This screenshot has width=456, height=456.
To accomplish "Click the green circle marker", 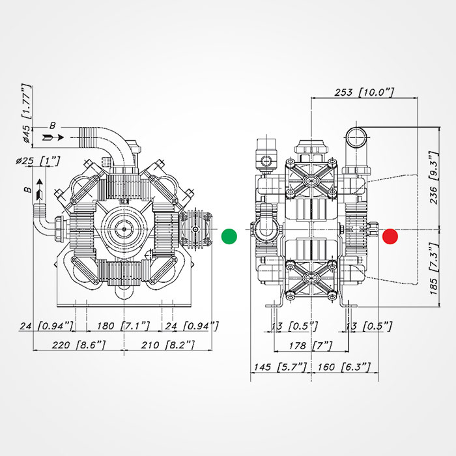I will [229, 236].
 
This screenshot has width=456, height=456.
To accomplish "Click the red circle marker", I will [390, 236].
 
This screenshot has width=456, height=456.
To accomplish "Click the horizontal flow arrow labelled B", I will [53, 137].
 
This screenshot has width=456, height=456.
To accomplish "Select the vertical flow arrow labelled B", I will [40, 189].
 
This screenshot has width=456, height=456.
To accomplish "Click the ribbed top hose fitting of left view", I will [91, 137].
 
